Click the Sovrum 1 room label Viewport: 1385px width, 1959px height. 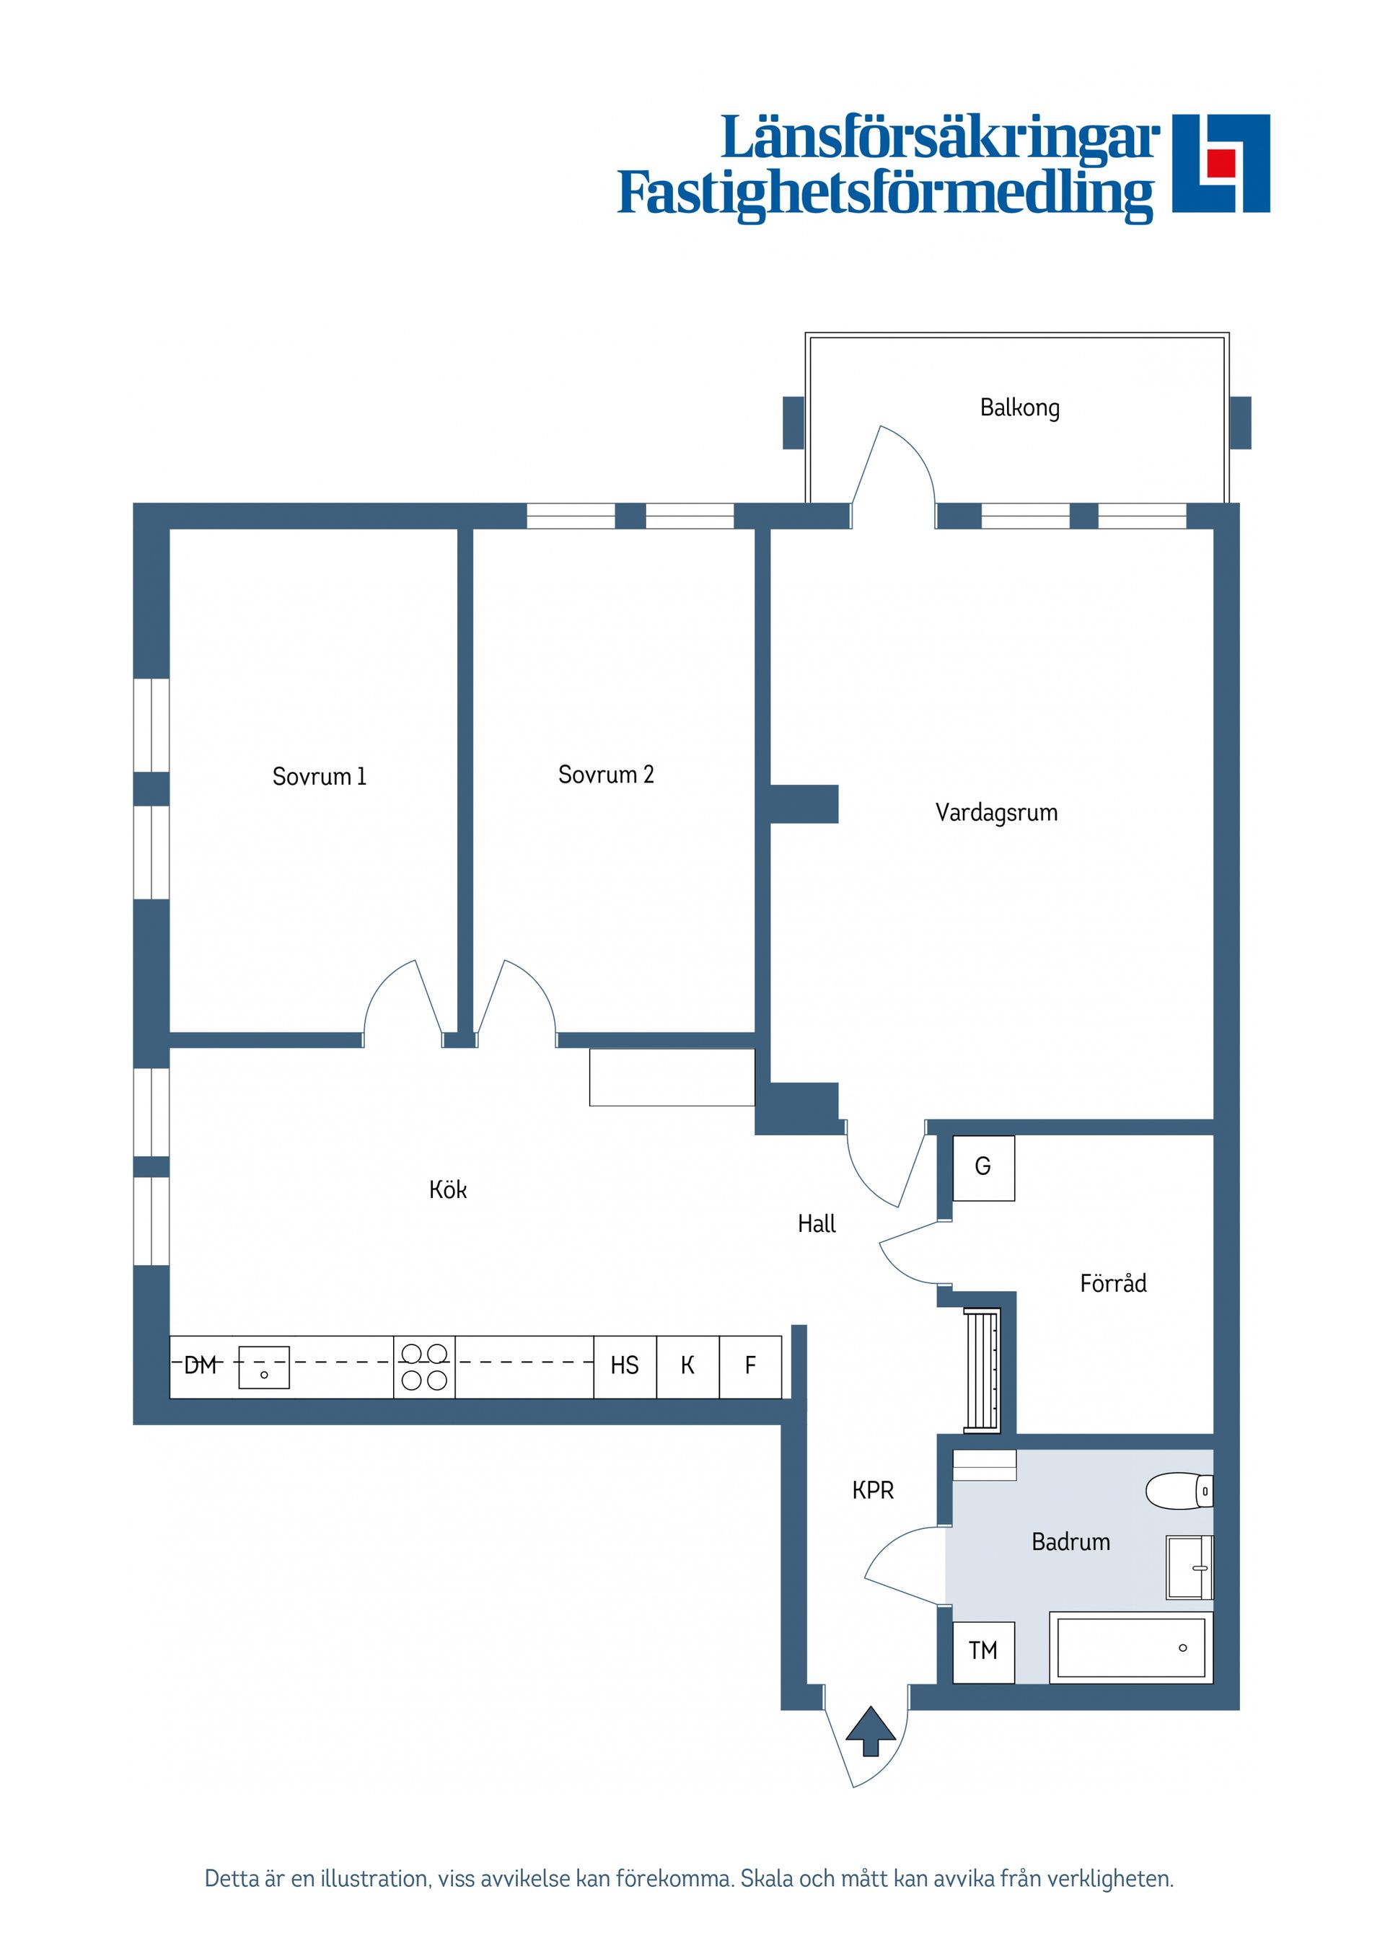click(318, 776)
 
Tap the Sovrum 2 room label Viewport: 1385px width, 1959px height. click(605, 775)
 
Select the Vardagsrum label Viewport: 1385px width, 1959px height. click(996, 812)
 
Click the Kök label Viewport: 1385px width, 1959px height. click(447, 1189)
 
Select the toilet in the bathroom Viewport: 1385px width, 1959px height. click(1178, 1491)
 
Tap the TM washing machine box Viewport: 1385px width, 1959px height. click(983, 1651)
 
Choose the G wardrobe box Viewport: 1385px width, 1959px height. click(983, 1166)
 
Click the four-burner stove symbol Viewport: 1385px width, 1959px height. click(424, 1366)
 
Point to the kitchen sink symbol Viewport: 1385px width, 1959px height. click(264, 1367)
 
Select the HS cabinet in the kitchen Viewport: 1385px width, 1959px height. click(625, 1366)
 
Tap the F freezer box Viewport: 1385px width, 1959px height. click(750, 1366)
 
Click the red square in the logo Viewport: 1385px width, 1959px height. click(1221, 162)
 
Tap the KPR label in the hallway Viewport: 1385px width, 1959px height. click(872, 1491)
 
